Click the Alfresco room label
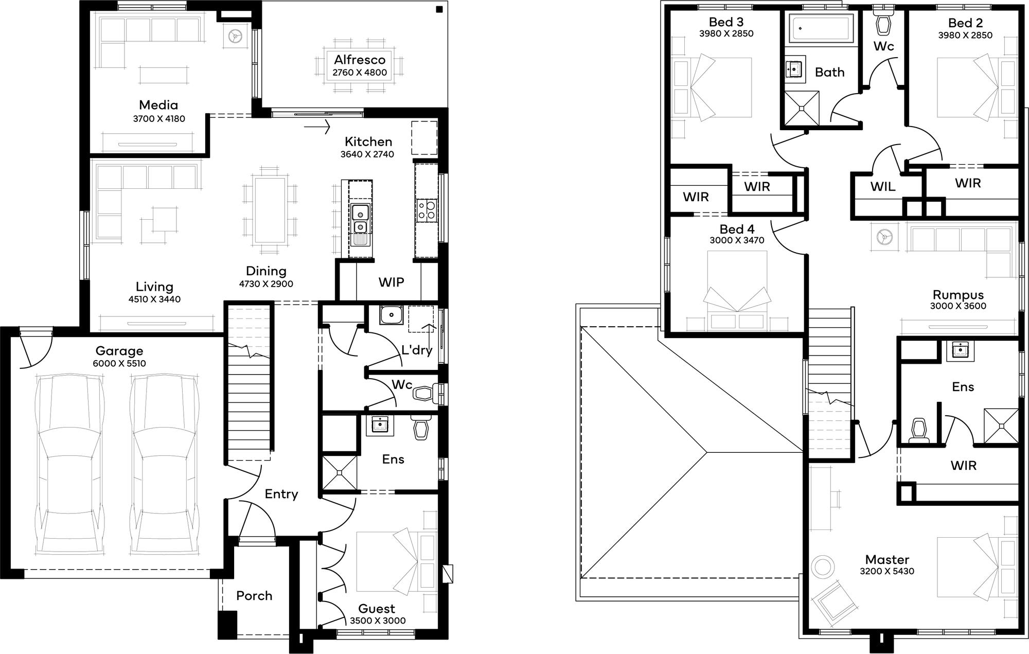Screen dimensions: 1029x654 [360, 60]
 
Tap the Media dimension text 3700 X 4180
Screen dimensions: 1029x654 [159, 119]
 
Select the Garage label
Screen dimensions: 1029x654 [119, 351]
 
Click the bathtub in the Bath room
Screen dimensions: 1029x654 [820, 28]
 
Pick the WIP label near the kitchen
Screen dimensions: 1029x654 [392, 282]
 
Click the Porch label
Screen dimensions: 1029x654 [254, 596]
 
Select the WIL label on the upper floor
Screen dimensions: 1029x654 [883, 186]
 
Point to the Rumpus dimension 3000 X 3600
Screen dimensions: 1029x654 [958, 306]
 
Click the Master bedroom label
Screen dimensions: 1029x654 [887, 559]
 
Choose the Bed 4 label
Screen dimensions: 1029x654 [737, 229]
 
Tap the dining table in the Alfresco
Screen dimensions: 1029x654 [360, 64]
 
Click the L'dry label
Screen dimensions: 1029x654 [417, 350]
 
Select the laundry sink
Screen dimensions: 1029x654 [392, 314]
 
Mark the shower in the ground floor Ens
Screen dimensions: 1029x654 [339, 472]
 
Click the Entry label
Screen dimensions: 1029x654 [281, 494]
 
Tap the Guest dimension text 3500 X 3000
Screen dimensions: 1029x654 [378, 621]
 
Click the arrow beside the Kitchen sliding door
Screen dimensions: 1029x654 [317, 126]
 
